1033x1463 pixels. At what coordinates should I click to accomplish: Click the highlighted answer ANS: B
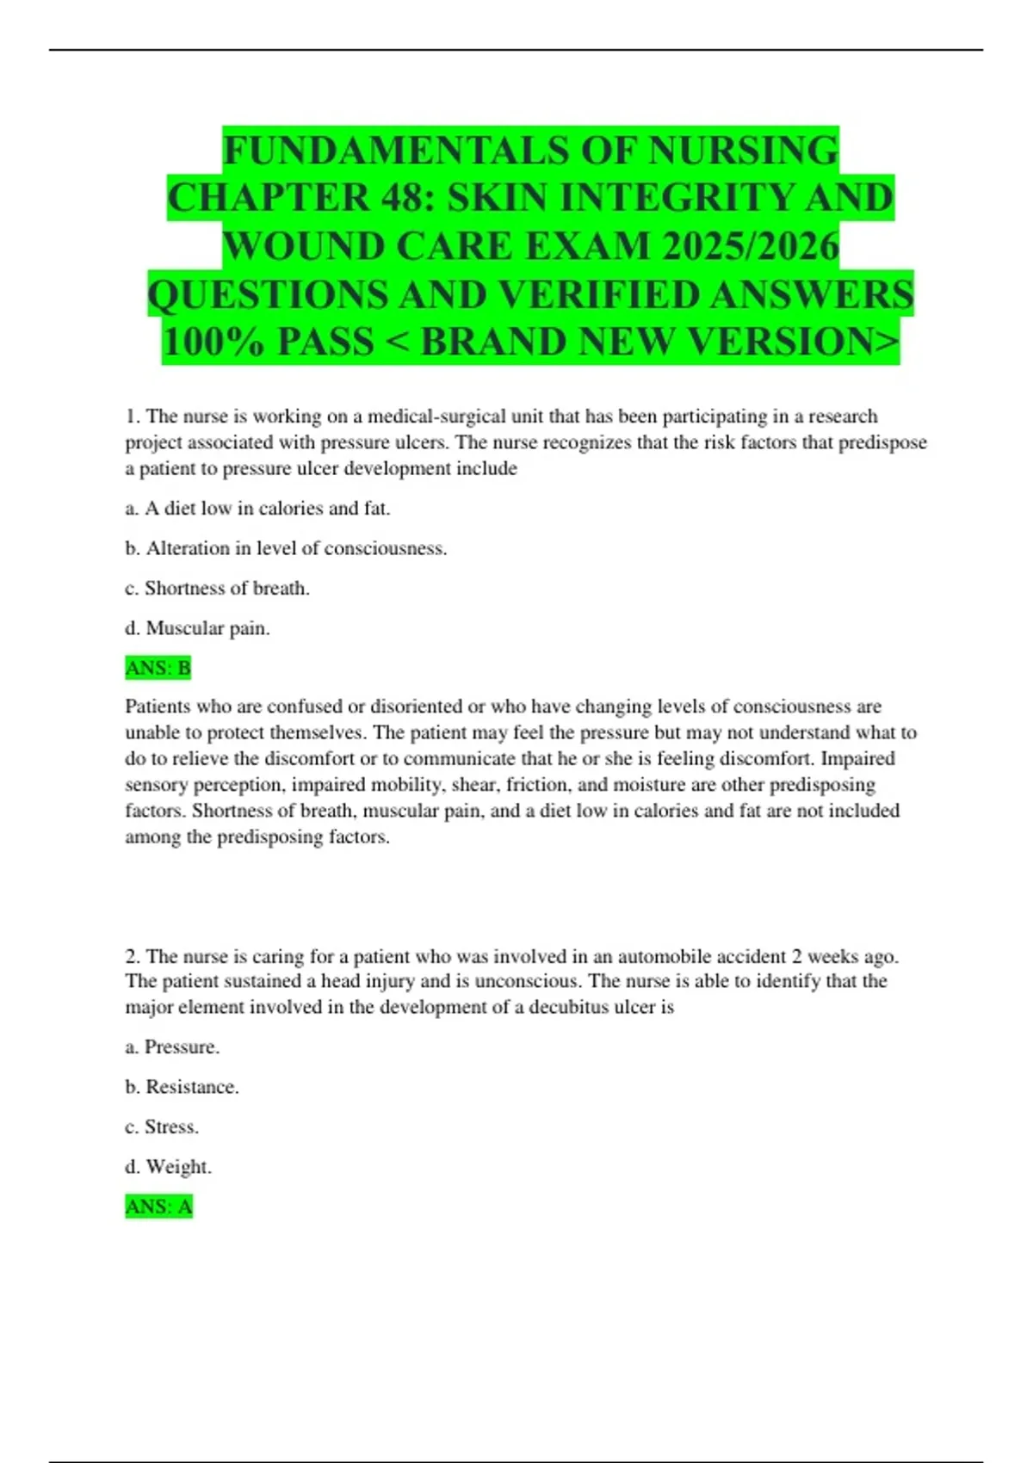point(158,668)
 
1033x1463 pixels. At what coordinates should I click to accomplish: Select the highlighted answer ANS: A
point(158,1207)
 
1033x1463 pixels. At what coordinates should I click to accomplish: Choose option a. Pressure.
point(172,1046)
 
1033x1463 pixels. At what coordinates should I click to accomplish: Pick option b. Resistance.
point(182,1087)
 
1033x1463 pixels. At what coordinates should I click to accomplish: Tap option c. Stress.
point(162,1127)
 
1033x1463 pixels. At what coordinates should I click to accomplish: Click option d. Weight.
point(168,1167)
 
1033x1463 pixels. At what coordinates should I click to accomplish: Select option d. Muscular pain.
point(197,628)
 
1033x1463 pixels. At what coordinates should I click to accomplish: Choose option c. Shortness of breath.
point(217,589)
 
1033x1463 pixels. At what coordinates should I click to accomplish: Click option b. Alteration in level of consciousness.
point(286,548)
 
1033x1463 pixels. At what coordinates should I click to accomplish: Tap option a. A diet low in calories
point(257,509)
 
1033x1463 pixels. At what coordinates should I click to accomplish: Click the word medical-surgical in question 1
point(438,417)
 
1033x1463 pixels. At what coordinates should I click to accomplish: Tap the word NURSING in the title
point(743,151)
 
